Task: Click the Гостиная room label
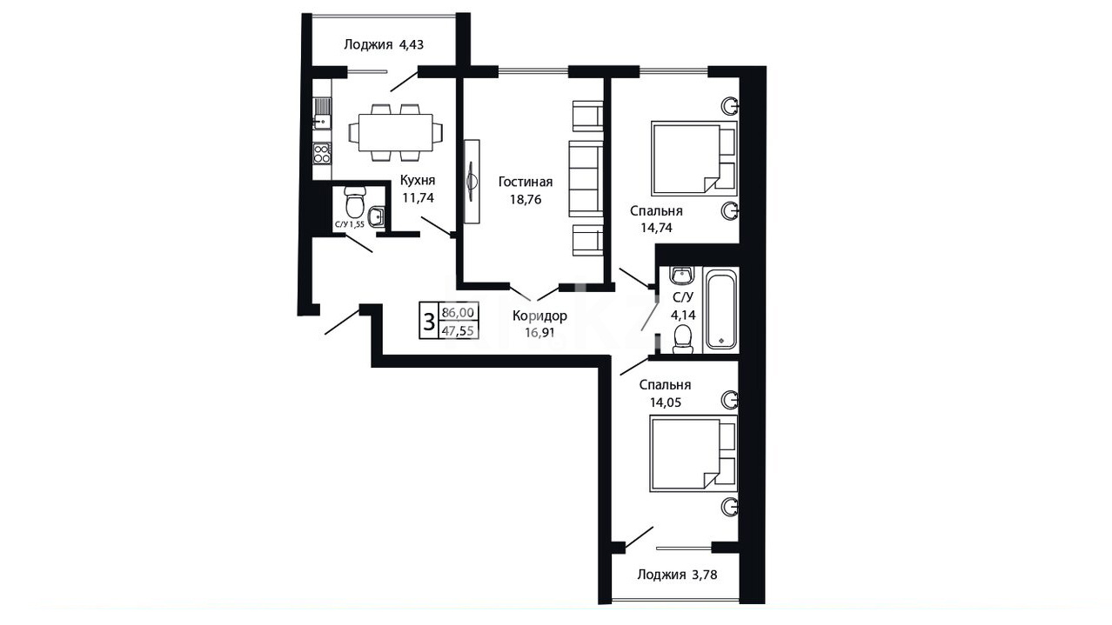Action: (x=526, y=182)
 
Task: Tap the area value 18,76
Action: (x=526, y=200)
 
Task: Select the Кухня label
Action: (x=418, y=180)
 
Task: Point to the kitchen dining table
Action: (x=396, y=132)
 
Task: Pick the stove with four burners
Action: (x=322, y=154)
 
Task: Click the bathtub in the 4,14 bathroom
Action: (x=720, y=309)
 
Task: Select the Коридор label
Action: (x=539, y=316)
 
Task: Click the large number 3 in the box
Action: (x=428, y=321)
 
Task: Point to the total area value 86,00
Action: (x=458, y=313)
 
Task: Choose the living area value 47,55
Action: (x=458, y=331)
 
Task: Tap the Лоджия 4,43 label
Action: (x=384, y=44)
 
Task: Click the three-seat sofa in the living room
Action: (x=586, y=178)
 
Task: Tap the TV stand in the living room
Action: (x=472, y=182)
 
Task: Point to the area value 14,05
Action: (x=666, y=402)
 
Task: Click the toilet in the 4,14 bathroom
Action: (x=683, y=339)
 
